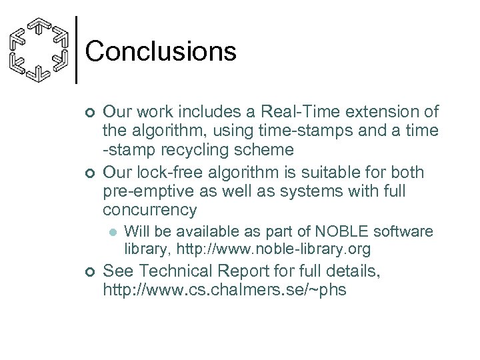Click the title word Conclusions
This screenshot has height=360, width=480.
coord(161,51)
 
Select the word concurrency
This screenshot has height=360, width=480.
coord(151,211)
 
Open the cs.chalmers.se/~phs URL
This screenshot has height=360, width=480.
coord(225,291)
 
